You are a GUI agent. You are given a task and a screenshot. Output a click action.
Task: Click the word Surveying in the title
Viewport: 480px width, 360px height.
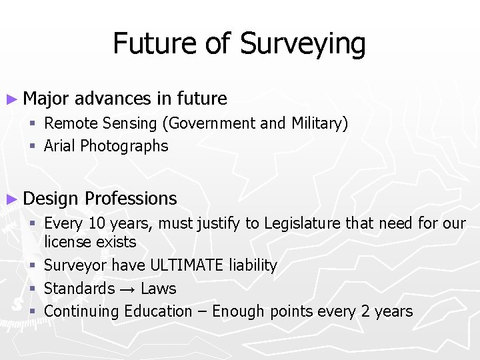pos(303,45)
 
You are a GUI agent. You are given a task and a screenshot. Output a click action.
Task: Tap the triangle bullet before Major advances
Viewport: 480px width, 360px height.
pos(11,99)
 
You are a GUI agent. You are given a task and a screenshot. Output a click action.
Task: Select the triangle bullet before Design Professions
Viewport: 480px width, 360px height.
pos(11,199)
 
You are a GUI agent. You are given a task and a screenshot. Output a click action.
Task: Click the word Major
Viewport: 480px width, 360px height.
pos(45,99)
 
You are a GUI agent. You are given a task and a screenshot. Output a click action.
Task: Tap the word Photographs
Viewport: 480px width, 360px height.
pos(124,147)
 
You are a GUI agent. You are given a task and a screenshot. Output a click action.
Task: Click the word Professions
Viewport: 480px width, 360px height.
pos(131,199)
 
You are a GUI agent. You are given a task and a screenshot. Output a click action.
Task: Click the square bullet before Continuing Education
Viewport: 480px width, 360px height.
pos(32,311)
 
